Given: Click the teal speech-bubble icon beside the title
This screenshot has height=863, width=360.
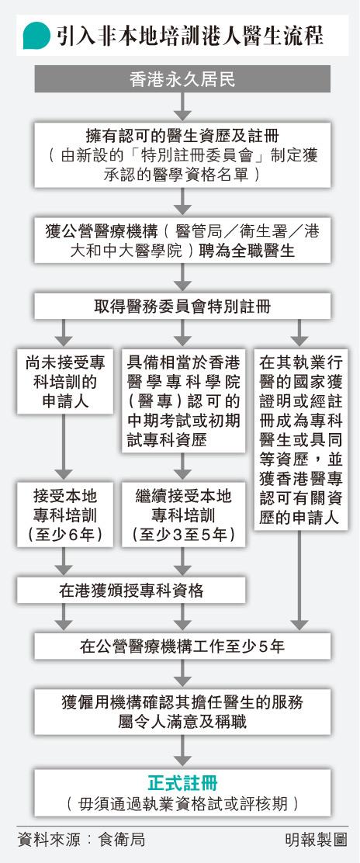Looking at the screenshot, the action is click(36, 35).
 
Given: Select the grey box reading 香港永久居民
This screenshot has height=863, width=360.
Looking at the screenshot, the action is click(182, 79).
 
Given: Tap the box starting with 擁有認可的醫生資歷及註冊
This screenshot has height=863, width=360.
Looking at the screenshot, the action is click(182, 155).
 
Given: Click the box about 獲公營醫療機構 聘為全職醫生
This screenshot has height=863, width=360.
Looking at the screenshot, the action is click(182, 239).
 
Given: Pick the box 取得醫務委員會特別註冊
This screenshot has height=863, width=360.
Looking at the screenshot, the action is click(182, 306).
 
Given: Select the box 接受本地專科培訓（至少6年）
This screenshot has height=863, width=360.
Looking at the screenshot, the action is click(65, 515).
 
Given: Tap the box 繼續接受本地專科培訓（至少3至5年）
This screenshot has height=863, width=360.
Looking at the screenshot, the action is click(183, 515).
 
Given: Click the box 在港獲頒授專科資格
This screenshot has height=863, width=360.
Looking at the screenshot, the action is click(131, 590).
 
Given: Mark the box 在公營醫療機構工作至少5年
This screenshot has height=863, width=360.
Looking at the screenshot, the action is click(182, 646).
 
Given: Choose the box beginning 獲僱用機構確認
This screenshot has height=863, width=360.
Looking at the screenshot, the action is click(182, 711).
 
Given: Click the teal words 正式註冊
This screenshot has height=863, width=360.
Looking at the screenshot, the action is click(182, 783).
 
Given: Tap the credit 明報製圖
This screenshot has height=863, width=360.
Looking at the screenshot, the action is click(316, 840).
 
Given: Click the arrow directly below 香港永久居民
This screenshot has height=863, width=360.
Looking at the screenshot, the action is click(182, 107).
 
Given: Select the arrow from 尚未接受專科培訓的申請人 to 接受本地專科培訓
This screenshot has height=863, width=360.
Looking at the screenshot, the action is click(65, 447).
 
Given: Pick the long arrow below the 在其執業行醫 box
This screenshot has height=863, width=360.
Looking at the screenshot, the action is click(300, 580).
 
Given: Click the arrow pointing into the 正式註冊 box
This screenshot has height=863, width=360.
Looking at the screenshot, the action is click(182, 750).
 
